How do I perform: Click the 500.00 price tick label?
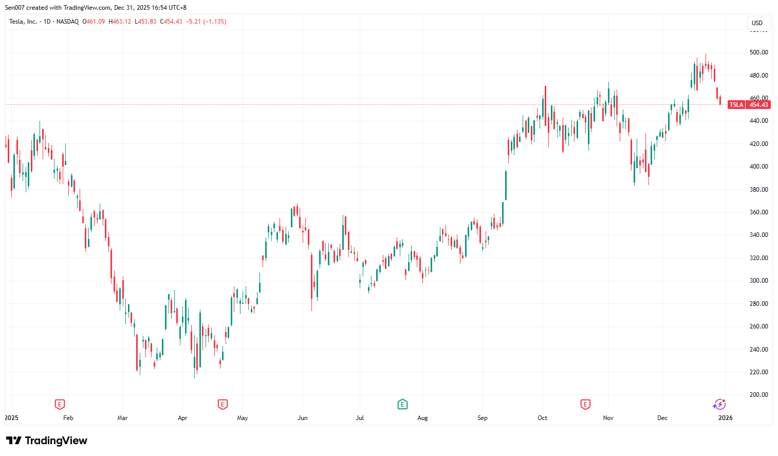tap(758, 52)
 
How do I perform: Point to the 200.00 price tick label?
tap(758, 395)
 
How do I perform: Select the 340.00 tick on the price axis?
tap(758, 235)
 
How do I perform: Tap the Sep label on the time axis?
tap(482, 418)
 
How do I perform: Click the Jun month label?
tap(303, 418)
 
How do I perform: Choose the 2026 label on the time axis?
tap(725, 418)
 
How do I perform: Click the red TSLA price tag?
tap(736, 105)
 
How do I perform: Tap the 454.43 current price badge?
tap(758, 105)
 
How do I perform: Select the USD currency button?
tap(757, 23)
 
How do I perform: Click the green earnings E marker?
tap(402, 405)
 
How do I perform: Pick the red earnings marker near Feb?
tap(60, 405)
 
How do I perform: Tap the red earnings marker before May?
tap(223, 405)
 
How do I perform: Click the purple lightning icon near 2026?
tap(719, 405)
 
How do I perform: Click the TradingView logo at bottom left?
tap(47, 441)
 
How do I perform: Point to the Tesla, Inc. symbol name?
tap(23, 22)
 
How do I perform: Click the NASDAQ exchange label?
tap(67, 22)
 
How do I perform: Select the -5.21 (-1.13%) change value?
tap(206, 22)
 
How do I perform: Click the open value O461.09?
tap(94, 22)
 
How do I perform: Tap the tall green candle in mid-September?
tap(506, 185)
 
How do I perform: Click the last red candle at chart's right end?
tap(720, 100)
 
